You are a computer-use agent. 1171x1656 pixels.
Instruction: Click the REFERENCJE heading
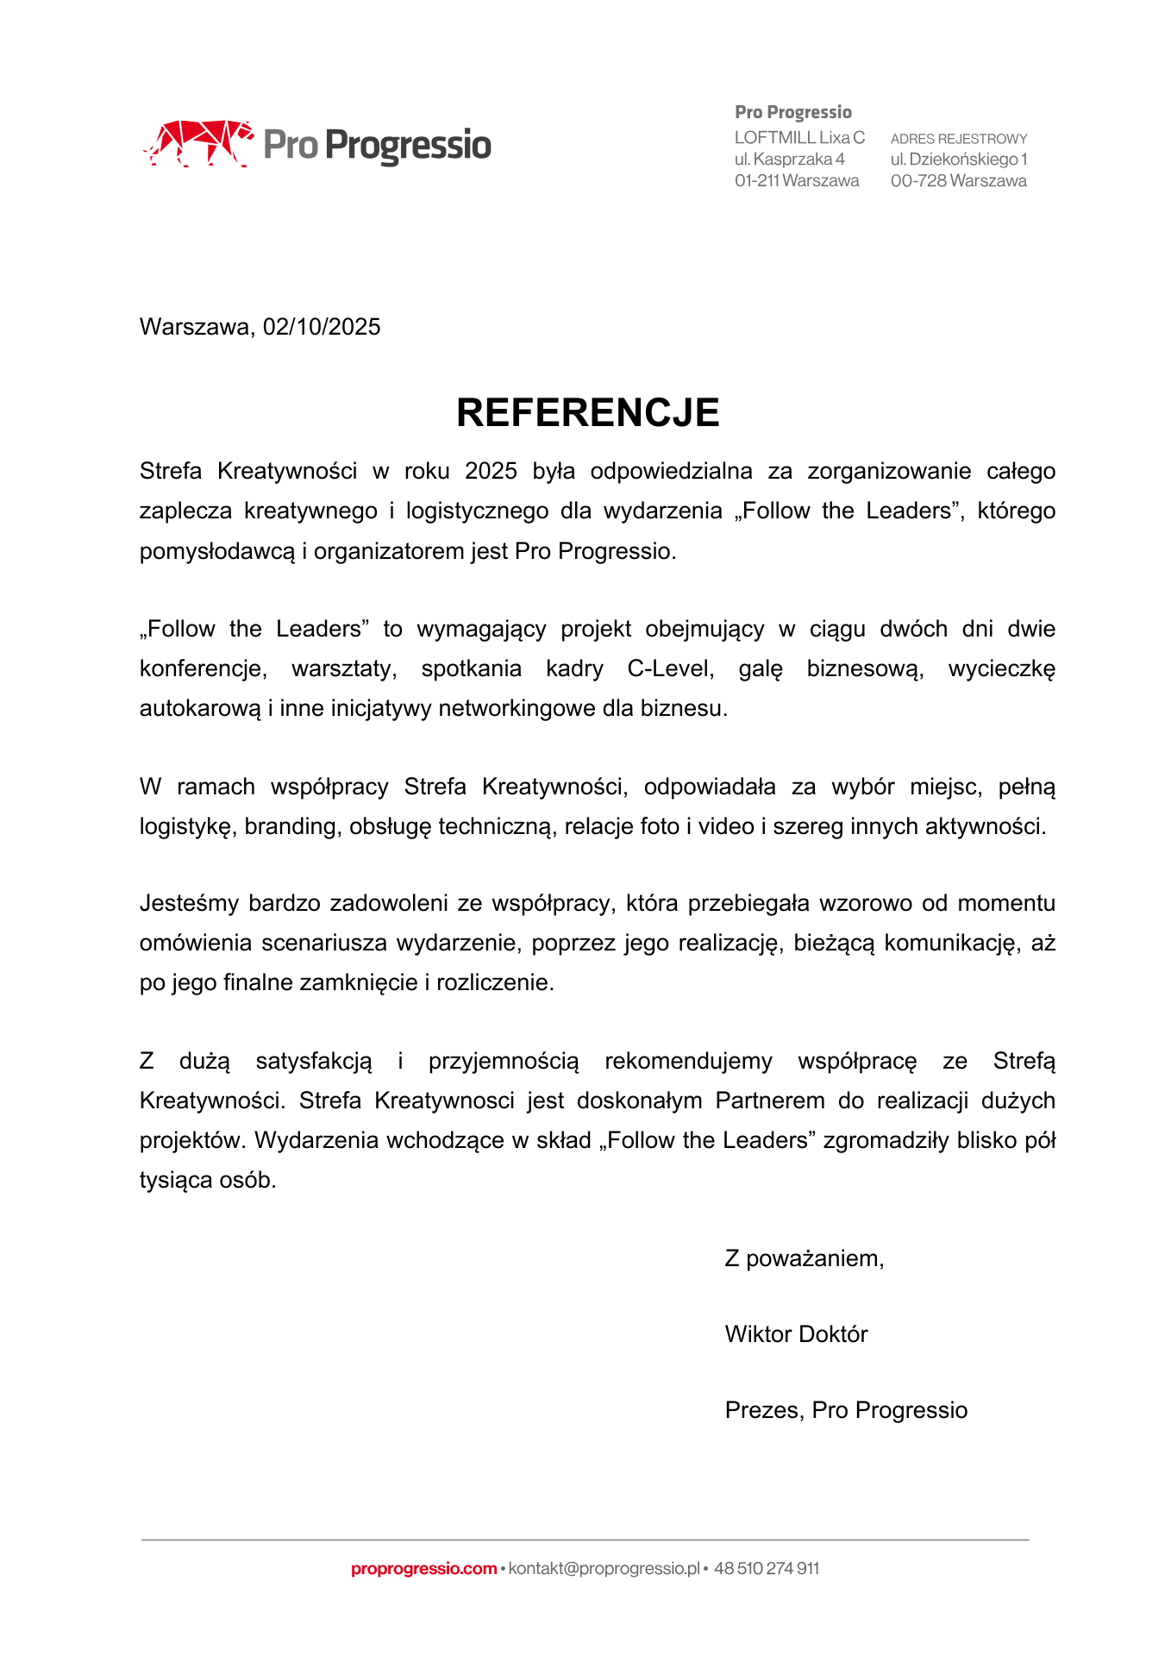587,412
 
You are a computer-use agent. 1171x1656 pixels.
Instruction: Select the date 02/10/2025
322,327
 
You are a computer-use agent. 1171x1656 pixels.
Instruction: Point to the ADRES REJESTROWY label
959,139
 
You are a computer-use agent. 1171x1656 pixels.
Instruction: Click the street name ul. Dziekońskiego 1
959,160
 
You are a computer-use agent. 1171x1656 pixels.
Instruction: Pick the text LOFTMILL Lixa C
799,138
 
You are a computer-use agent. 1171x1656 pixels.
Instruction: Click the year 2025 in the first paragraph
491,471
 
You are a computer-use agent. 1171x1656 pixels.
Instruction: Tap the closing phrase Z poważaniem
804,1258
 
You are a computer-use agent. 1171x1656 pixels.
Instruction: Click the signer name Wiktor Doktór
796,1334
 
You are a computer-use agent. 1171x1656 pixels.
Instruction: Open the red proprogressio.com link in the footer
423,1568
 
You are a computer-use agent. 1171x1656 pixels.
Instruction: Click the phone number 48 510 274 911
767,1568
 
